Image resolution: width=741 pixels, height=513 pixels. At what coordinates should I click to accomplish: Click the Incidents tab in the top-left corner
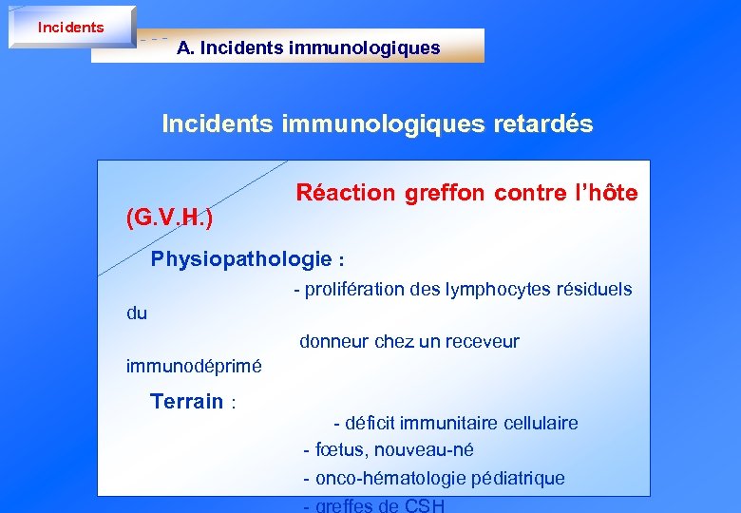(x=71, y=27)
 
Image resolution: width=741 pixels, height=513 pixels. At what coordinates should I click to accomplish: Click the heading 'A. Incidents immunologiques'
(x=308, y=47)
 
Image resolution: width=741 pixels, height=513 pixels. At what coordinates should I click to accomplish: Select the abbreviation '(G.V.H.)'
(x=169, y=218)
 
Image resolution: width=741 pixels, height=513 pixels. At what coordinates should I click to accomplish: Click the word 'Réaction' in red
(x=345, y=193)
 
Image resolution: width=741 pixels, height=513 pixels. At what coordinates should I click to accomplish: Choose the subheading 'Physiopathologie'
(x=241, y=259)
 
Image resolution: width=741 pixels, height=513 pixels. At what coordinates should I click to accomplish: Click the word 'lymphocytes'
(x=495, y=289)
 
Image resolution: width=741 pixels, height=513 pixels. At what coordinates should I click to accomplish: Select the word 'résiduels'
(x=595, y=289)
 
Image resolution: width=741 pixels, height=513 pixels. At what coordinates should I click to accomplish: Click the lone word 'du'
(x=137, y=313)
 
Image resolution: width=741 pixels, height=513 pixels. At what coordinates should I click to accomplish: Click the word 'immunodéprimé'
(x=194, y=366)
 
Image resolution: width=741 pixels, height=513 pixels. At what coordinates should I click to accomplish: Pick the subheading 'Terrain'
(x=187, y=402)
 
